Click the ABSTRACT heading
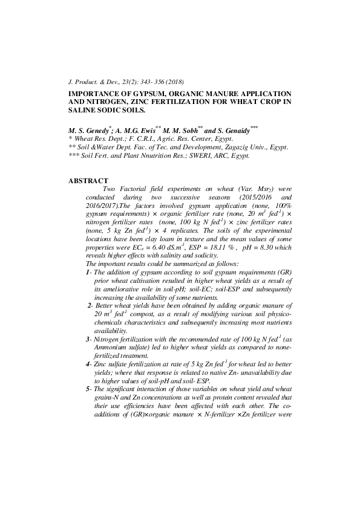tap(88, 181)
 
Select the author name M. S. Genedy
tap(90, 131)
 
